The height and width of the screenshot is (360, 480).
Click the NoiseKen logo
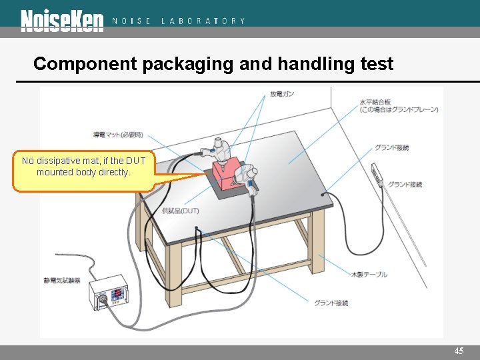click(x=62, y=21)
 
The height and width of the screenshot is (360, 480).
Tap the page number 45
click(x=459, y=351)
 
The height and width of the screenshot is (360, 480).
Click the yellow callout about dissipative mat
click(x=83, y=167)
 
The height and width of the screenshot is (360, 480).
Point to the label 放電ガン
click(x=281, y=95)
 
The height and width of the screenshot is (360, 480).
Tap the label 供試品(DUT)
click(x=180, y=211)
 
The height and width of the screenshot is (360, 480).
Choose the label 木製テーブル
click(x=369, y=275)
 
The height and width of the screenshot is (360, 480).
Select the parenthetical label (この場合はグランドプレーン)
click(x=399, y=109)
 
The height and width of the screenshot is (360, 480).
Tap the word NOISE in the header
click(x=131, y=21)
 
